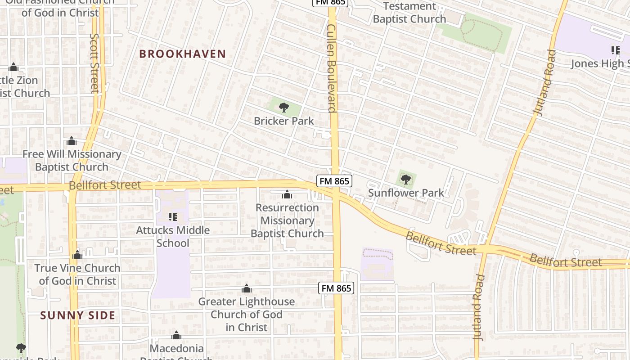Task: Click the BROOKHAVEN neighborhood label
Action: click(182, 54)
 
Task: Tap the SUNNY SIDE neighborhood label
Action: click(78, 315)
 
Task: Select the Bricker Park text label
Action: click(284, 121)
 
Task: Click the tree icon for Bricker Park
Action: click(284, 108)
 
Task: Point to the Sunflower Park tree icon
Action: click(406, 180)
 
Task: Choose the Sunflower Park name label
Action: click(406, 193)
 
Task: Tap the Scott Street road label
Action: click(94, 63)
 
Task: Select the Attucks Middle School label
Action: click(173, 237)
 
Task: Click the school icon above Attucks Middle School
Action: click(172, 217)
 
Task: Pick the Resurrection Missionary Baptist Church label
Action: click(287, 220)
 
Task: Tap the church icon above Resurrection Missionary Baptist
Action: click(287, 195)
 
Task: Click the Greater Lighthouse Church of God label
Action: click(247, 314)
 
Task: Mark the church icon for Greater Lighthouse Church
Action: click(247, 288)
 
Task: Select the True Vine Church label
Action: click(77, 274)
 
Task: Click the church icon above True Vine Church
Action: click(77, 255)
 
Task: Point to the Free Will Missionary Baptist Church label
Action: click(72, 161)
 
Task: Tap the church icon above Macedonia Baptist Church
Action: click(176, 336)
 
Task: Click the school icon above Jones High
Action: click(615, 50)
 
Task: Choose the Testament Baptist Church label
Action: click(409, 13)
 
